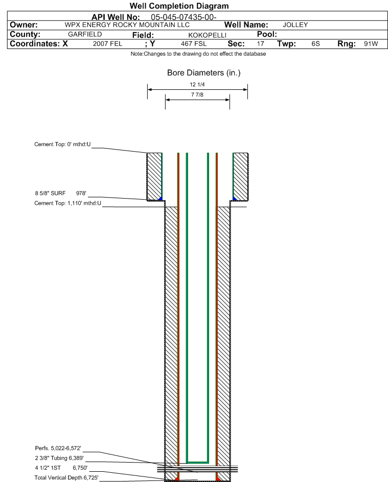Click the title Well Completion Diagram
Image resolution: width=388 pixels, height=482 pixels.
(179, 6)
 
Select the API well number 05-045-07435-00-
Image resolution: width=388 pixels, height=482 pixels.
(184, 17)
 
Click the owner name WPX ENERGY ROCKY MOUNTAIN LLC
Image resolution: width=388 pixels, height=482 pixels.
(127, 25)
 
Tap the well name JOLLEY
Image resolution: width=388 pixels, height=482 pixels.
(295, 25)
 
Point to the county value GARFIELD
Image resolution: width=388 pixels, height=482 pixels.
(85, 34)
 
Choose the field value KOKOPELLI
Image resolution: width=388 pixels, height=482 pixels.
(208, 35)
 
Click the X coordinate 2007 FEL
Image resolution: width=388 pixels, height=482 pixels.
(108, 43)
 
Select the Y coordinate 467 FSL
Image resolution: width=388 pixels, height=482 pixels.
(194, 43)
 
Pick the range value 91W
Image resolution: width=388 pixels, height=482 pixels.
(371, 43)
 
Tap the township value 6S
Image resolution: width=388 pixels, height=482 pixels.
(316, 43)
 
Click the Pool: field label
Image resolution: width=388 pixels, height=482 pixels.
(267, 34)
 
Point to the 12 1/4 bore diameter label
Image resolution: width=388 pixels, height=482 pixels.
(197, 84)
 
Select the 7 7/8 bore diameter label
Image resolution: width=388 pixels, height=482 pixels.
(197, 94)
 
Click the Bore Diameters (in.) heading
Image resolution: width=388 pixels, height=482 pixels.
(203, 73)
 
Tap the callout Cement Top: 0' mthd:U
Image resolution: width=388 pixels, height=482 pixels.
(62, 144)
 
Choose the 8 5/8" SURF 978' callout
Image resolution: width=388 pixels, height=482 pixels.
(61, 194)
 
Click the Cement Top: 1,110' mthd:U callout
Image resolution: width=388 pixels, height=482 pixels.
(67, 203)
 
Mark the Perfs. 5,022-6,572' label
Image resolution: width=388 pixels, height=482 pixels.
(58, 448)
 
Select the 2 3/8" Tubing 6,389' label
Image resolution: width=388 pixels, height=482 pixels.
(59, 458)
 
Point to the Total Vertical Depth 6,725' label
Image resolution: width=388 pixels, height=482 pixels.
(66, 477)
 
